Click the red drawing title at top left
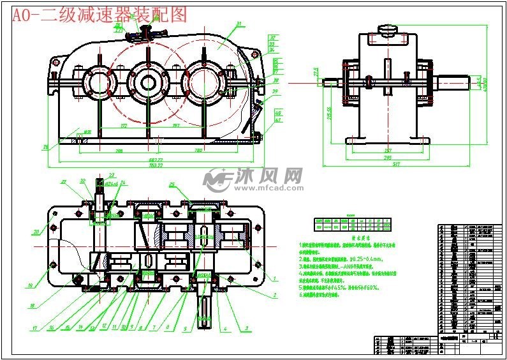pyautogui.click(x=99, y=15)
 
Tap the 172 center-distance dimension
pyautogui.click(x=124, y=126)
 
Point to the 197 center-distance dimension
pyautogui.click(x=175, y=126)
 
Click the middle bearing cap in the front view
pyautogui.click(x=148, y=81)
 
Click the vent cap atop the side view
pyautogui.click(x=387, y=29)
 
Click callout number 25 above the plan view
pyautogui.click(x=172, y=184)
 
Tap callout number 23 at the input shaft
pyautogui.click(x=112, y=175)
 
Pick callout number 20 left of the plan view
pyautogui.click(x=37, y=232)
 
